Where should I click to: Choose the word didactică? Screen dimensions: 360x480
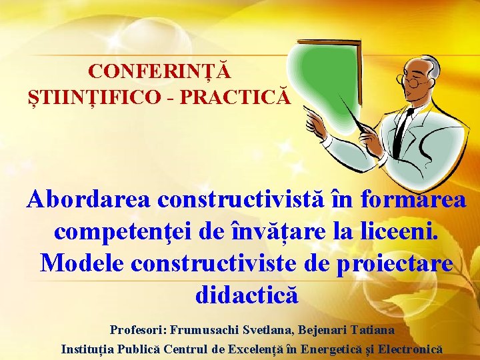click(x=247, y=294)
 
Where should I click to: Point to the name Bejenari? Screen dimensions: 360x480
click(x=322, y=329)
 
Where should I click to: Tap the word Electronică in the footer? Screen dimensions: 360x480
click(x=408, y=349)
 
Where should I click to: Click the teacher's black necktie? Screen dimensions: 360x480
click(x=402, y=130)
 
